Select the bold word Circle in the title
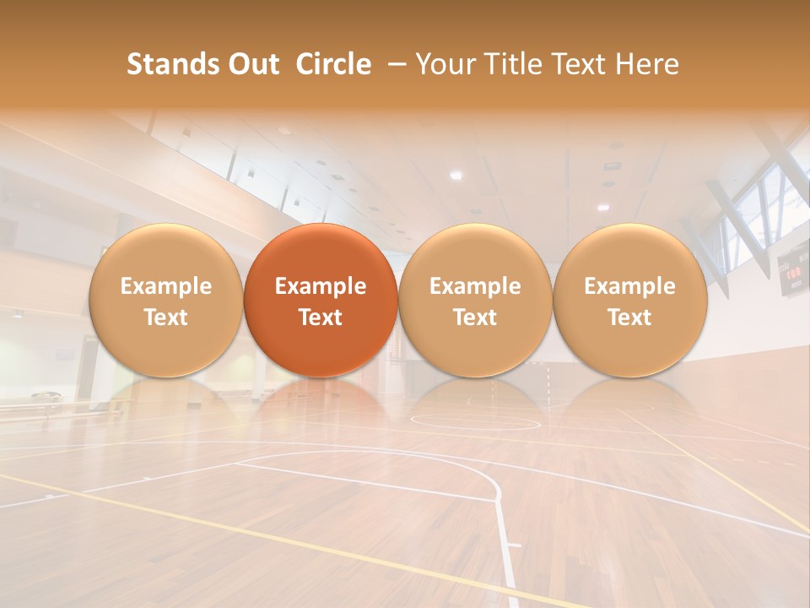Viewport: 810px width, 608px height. (333, 64)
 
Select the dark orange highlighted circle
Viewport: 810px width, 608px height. (321, 300)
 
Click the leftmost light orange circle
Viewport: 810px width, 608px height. (165, 300)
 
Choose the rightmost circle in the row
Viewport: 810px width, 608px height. (629, 300)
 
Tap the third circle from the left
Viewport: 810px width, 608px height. (475, 300)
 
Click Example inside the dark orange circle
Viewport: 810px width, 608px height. (321, 286)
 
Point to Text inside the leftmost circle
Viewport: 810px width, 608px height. (165, 318)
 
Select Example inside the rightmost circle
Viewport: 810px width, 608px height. (629, 286)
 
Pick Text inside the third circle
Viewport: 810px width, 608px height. (475, 318)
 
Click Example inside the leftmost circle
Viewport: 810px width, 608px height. (165, 286)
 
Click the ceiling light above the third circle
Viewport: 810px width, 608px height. (456, 175)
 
